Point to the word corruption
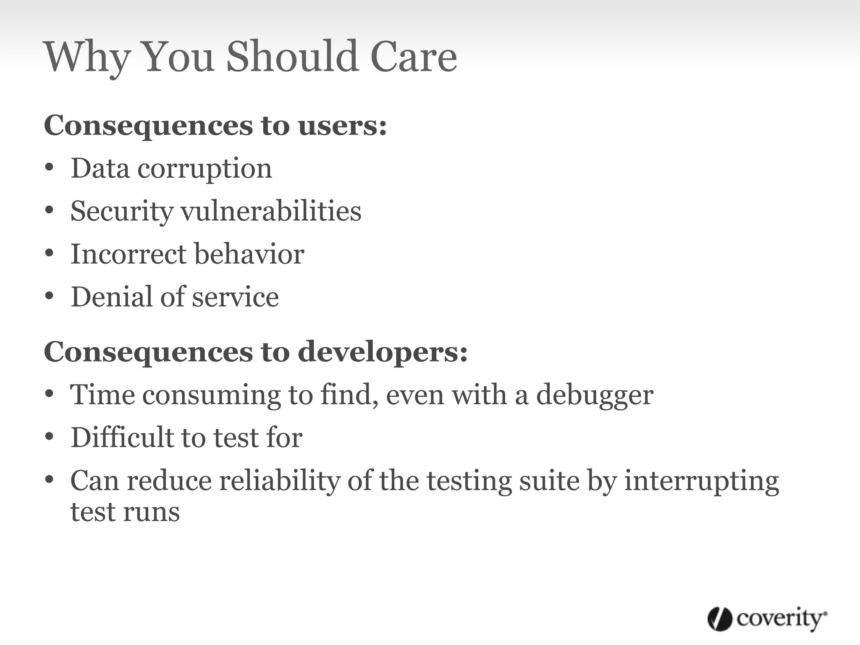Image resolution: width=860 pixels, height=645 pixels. tap(205, 169)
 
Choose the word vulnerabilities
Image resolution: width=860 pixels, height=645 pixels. tap(271, 211)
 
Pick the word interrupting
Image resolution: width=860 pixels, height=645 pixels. tap(701, 482)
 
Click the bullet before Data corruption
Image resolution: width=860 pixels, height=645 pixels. tap(50, 168)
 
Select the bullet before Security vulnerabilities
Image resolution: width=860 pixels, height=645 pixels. tap(50, 210)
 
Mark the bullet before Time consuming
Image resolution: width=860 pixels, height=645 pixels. tap(50, 395)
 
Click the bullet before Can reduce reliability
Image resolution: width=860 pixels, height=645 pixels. tap(50, 480)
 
